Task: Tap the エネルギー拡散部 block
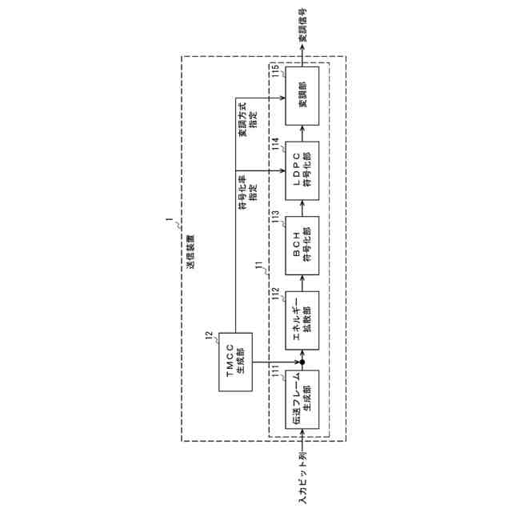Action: click(x=301, y=319)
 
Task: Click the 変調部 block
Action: click(x=301, y=94)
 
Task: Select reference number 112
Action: click(x=274, y=294)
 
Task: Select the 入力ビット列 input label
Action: click(x=302, y=478)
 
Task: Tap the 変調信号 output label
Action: click(x=302, y=26)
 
